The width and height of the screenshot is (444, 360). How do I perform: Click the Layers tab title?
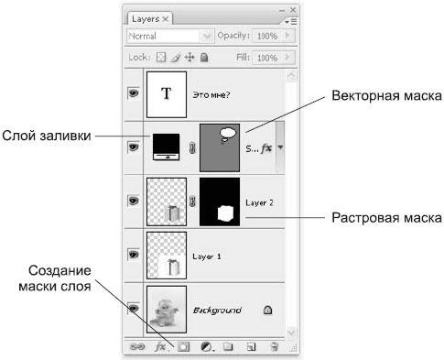tap(146, 19)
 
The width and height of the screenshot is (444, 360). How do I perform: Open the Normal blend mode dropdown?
tap(169, 36)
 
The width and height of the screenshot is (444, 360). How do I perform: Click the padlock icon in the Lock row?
tap(204, 57)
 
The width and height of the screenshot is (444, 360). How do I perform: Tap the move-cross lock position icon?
tap(190, 57)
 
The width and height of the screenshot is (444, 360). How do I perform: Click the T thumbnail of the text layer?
tap(167, 94)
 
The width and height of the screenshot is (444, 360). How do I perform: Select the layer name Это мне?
tap(211, 95)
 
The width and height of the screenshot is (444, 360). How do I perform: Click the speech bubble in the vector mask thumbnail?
tap(228, 135)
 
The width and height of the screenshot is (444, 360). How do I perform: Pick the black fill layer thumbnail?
tap(166, 147)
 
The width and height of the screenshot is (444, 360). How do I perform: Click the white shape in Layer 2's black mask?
tap(226, 213)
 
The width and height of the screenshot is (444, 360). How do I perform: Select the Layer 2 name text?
tap(259, 202)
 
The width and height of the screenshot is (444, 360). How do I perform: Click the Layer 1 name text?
tap(207, 256)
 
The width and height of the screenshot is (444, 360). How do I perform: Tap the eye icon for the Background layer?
tap(134, 309)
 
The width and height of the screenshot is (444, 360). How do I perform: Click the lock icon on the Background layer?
tap(267, 310)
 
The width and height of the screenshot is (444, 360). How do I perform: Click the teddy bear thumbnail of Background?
tap(167, 310)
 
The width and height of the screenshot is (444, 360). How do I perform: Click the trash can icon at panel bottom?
tap(275, 346)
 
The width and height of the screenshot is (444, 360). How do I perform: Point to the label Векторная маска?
tap(386, 96)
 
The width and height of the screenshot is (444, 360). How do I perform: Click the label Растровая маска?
tap(386, 218)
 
